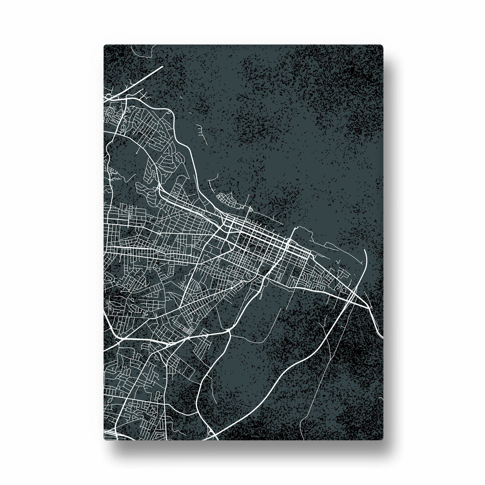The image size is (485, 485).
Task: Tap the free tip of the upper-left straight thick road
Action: point(163,67)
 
